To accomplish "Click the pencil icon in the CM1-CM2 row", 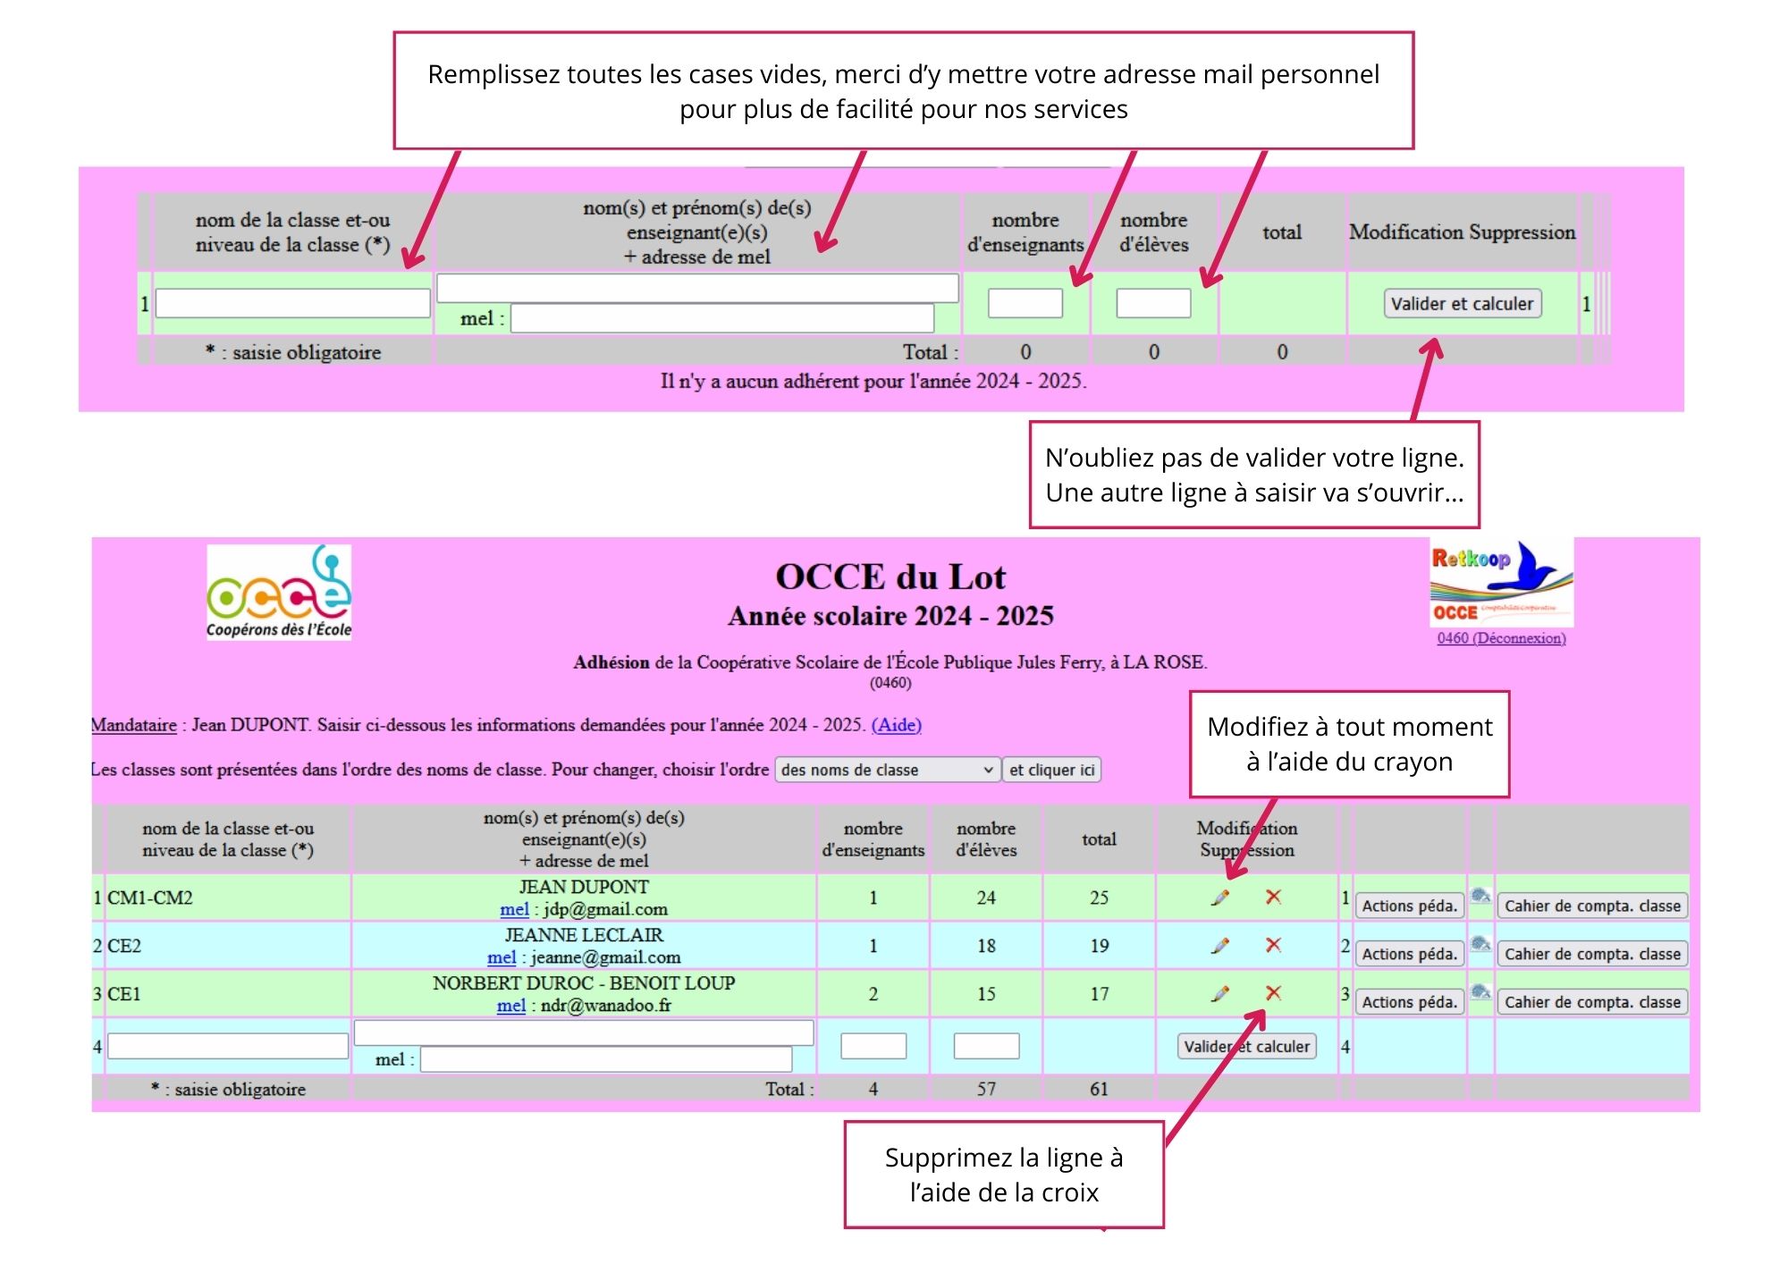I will (x=1220, y=897).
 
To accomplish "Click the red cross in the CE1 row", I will (x=1274, y=993).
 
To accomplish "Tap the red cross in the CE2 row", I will (x=1274, y=945).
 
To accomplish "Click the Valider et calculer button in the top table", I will (x=1462, y=304).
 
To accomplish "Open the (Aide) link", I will (x=896, y=725).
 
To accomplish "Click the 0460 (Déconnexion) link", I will (x=1501, y=638).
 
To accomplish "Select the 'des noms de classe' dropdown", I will (x=887, y=770).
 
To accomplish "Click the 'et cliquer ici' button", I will (x=1051, y=770).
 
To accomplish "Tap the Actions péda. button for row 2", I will (x=1409, y=954).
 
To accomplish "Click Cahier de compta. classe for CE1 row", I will (x=1592, y=1002).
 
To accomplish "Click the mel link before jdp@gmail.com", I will (x=514, y=909).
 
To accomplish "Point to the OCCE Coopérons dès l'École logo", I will (x=279, y=592).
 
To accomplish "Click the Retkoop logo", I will (x=1501, y=583).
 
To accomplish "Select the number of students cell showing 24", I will (x=986, y=897).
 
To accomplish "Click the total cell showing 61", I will (x=1099, y=1089).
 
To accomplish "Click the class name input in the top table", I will (x=292, y=304).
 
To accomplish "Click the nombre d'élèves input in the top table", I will (x=1153, y=304).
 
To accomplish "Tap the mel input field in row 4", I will (x=605, y=1059).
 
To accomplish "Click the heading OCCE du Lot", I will (x=890, y=577).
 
